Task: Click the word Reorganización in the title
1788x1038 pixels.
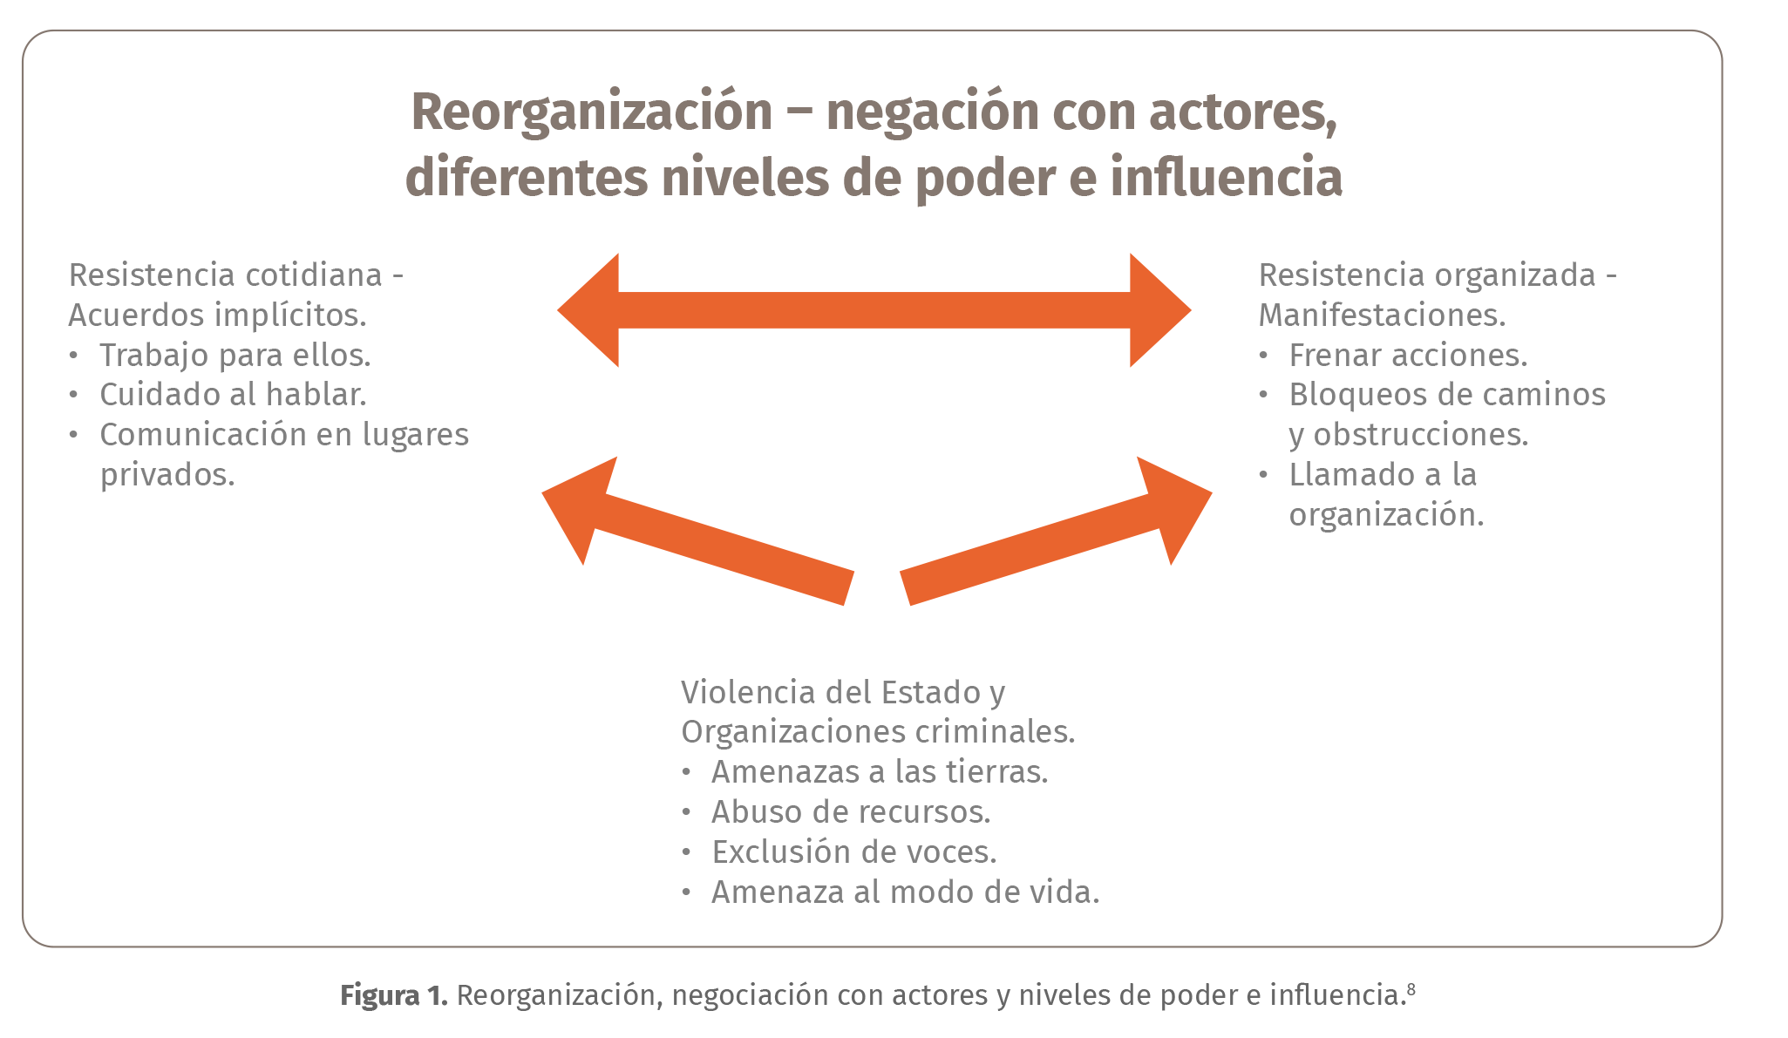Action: [x=591, y=112]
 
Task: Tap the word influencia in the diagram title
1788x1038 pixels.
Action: [x=1226, y=178]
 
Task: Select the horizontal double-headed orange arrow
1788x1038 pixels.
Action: [x=874, y=310]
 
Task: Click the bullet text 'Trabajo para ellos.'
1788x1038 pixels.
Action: [x=235, y=356]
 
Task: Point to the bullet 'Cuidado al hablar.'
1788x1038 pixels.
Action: [x=233, y=395]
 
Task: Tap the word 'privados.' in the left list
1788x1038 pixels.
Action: [x=167, y=475]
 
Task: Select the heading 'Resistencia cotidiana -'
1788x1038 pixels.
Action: [x=235, y=275]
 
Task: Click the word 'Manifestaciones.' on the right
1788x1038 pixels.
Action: [x=1382, y=315]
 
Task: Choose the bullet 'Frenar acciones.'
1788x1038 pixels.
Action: [x=1408, y=356]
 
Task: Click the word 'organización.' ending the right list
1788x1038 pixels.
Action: [x=1386, y=515]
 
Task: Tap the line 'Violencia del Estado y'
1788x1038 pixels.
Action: [x=843, y=693]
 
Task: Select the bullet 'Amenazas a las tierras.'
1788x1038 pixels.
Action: [x=880, y=772]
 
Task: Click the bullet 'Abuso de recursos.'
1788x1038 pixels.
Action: [x=851, y=812]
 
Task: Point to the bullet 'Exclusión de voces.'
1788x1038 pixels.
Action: [x=853, y=852]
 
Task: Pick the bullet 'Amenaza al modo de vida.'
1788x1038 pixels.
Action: [x=905, y=892]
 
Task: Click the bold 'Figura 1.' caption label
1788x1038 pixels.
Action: [x=393, y=995]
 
